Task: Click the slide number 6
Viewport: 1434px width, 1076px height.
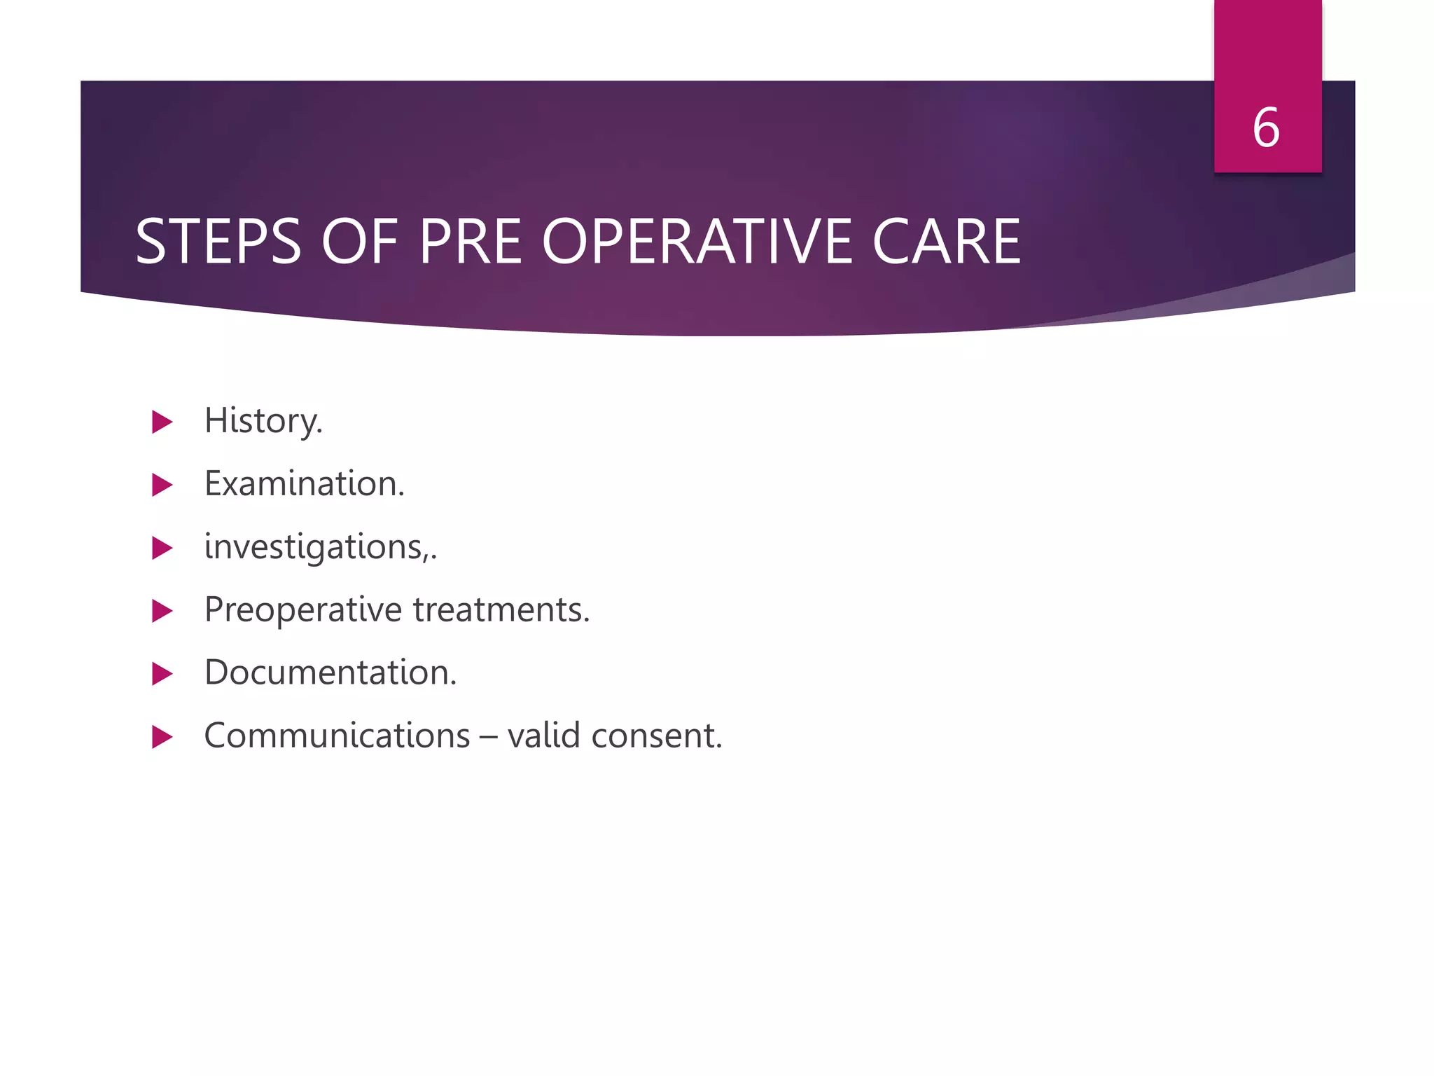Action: (x=1266, y=128)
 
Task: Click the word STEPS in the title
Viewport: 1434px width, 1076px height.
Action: (x=218, y=242)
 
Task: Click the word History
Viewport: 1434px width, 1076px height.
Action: (x=263, y=421)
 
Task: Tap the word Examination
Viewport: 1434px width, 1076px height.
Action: (x=305, y=484)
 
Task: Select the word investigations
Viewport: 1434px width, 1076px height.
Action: (x=319, y=547)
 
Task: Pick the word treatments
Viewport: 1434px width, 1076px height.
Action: (x=501, y=610)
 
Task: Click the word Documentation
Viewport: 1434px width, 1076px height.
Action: (x=330, y=673)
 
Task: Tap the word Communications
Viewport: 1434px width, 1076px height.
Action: (x=337, y=736)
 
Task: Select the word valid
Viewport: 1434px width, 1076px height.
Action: (x=543, y=736)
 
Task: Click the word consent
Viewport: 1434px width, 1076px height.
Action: (x=656, y=736)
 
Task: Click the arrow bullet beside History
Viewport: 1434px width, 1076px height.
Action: (x=162, y=422)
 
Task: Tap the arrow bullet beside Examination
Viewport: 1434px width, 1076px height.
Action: (x=162, y=485)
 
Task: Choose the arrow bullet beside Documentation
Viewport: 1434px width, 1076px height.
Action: (x=162, y=674)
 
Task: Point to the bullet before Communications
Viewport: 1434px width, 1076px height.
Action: (x=162, y=737)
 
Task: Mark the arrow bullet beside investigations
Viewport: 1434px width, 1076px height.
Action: (x=162, y=548)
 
